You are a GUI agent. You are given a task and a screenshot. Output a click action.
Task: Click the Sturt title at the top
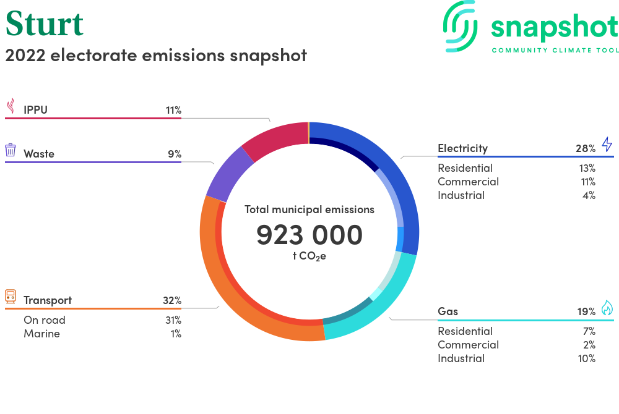[x=45, y=23]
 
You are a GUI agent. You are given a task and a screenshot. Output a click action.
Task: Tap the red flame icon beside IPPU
[x=11, y=106]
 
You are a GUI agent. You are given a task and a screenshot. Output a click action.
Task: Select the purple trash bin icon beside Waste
[x=11, y=150]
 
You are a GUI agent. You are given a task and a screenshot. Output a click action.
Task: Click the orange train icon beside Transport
[x=11, y=297]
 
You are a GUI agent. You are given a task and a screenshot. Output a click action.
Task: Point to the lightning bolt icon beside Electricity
[x=607, y=144]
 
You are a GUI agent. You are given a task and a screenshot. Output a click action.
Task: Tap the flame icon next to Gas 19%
[x=607, y=308]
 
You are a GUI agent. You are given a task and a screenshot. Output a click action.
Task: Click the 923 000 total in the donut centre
[x=309, y=235]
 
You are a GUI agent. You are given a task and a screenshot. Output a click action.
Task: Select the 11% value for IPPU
[x=173, y=110]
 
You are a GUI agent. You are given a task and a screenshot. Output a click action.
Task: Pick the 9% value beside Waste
[x=175, y=154]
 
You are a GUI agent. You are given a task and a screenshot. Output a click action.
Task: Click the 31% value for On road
[x=173, y=320]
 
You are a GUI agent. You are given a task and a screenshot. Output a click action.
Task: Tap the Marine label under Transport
[x=42, y=334]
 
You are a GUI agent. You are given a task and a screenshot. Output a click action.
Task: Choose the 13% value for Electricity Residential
[x=587, y=168]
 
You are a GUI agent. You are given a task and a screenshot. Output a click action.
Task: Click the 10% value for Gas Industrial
[x=587, y=358]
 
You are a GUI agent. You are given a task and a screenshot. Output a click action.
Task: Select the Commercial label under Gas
[x=468, y=345]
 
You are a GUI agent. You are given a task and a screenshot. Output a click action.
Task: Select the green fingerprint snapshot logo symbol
[x=461, y=26]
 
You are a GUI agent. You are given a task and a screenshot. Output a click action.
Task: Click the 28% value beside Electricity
[x=586, y=148]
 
